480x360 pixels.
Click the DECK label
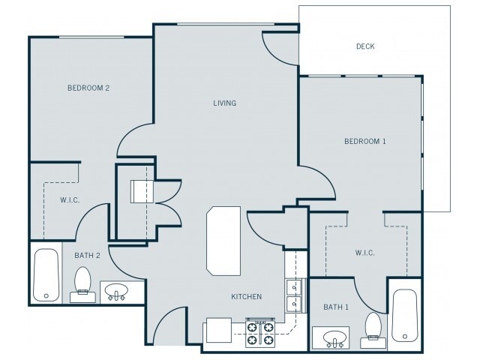click(x=365, y=46)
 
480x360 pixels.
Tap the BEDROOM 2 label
click(x=88, y=88)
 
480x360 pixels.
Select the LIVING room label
click(x=225, y=103)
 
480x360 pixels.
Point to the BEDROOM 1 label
click(x=365, y=141)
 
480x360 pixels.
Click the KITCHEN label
click(x=247, y=296)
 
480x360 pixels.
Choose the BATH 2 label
click(x=87, y=255)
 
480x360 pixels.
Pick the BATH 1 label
click(x=336, y=307)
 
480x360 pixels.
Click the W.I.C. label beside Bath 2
click(x=70, y=200)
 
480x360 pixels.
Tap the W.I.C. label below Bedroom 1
click(x=365, y=253)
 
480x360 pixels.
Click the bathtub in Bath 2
click(x=46, y=275)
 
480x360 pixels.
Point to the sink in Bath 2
click(x=116, y=292)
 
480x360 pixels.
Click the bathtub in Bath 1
click(x=405, y=315)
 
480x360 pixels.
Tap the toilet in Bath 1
click(x=373, y=330)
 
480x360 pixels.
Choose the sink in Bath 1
click(x=335, y=338)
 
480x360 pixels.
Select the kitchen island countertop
click(x=223, y=241)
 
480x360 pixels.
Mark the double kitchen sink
click(x=293, y=295)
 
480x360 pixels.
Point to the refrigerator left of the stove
click(x=218, y=330)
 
